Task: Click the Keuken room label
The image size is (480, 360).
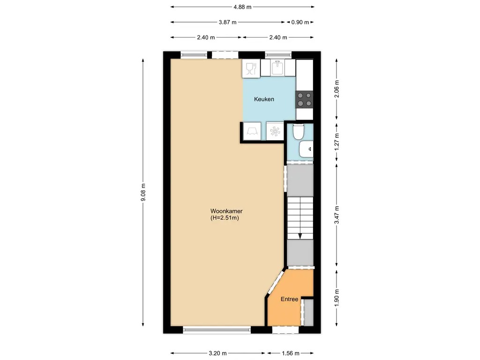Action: (x=264, y=99)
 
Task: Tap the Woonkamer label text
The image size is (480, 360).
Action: (x=226, y=211)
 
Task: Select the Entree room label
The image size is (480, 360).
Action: (x=289, y=299)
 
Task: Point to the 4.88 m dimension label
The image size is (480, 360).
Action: (x=242, y=7)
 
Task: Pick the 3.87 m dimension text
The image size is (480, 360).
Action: (x=227, y=22)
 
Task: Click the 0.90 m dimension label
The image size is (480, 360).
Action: (x=300, y=22)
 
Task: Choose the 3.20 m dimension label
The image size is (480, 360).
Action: (x=218, y=353)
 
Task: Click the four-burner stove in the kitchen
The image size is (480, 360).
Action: (x=304, y=99)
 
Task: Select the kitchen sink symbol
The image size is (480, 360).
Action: (x=277, y=68)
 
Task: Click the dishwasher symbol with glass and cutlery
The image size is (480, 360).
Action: (x=250, y=69)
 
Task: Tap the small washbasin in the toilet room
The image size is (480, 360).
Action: (x=307, y=150)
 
